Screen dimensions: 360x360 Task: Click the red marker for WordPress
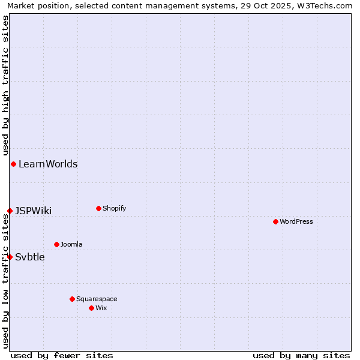275,221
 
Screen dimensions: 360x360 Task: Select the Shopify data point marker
98,208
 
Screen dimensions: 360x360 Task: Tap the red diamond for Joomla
56,244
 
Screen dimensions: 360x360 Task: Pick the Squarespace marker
72,299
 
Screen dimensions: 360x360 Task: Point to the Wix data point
91,308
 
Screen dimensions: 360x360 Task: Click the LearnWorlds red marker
13,164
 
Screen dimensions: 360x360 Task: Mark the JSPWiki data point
10,211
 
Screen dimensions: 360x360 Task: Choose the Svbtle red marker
10,257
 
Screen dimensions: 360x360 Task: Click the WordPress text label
296,221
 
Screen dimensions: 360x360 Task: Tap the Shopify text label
115,208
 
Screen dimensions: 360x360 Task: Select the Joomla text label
71,244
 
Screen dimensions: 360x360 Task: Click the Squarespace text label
97,299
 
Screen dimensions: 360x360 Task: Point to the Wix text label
101,308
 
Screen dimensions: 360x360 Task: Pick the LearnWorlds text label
48,164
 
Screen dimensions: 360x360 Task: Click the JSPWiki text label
34,211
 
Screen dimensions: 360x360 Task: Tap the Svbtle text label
30,257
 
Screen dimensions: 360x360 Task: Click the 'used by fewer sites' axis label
62,355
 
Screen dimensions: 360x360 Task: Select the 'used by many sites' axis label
301,355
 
